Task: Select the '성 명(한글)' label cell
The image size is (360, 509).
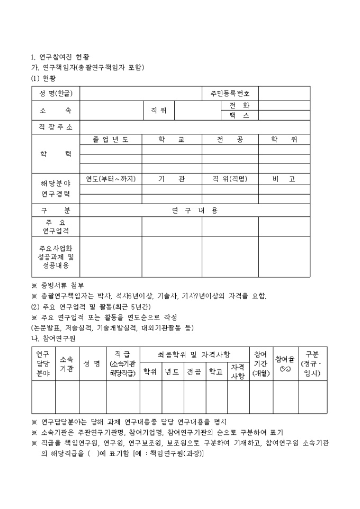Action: tap(56, 94)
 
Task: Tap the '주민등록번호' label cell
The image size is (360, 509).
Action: tap(230, 94)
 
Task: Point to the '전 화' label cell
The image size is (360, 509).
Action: tap(239, 105)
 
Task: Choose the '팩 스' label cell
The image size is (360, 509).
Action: tap(239, 115)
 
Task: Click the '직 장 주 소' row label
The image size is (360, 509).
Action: tap(56, 128)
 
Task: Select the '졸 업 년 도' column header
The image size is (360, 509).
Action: tap(110, 139)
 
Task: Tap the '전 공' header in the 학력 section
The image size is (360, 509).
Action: tap(230, 139)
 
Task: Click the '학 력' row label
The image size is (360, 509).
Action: tap(56, 153)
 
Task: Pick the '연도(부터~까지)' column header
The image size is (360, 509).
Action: tap(110, 179)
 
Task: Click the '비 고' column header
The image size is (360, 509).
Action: tap(284, 179)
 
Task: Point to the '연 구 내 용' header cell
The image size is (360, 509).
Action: tap(195, 211)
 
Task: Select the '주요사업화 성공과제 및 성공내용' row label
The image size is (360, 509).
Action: tap(56, 257)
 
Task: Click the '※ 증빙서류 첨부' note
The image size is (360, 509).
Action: tap(58, 285)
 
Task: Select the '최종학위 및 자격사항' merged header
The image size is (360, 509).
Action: tap(194, 354)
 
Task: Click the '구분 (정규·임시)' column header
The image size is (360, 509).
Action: tap(312, 363)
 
